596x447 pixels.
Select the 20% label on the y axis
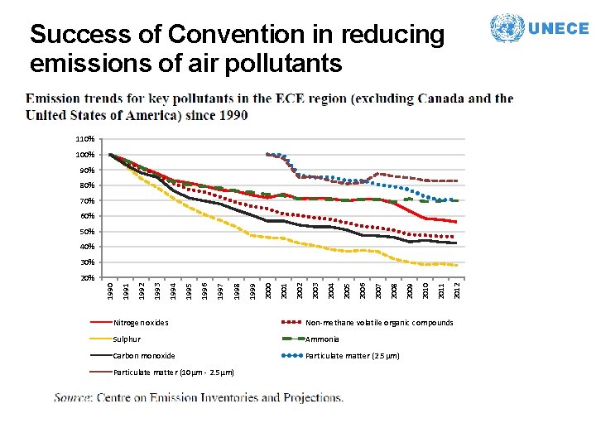click(87, 277)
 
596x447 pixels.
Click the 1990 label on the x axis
click(110, 291)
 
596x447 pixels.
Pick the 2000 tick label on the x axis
click(268, 291)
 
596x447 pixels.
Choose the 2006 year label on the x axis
click(363, 291)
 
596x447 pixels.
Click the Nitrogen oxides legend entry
click(141, 323)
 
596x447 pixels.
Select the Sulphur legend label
click(127, 339)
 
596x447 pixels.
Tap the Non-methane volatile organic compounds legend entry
click(379, 323)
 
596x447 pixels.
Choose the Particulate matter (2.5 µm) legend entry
click(353, 356)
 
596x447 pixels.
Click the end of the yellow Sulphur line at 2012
click(456, 265)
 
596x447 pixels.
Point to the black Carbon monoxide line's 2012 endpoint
click(456, 243)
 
